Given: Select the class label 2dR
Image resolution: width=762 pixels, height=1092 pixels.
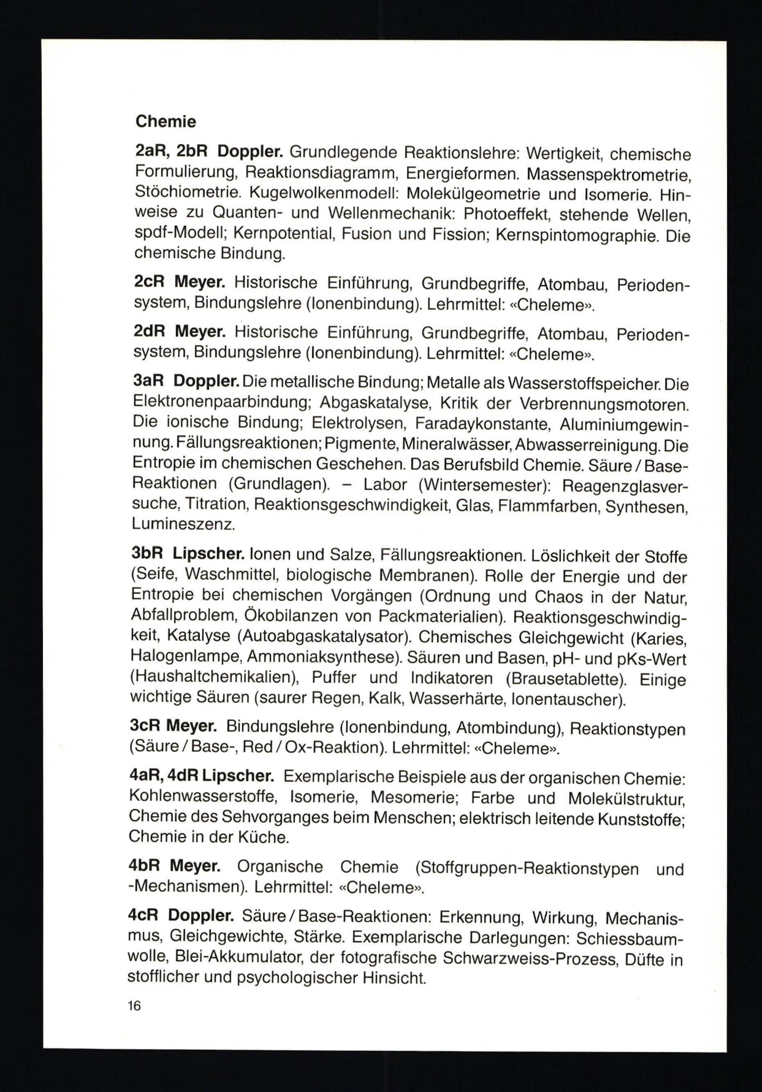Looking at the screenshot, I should (x=149, y=331).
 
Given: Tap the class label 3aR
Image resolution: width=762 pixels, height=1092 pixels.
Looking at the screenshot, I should (x=148, y=382).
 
